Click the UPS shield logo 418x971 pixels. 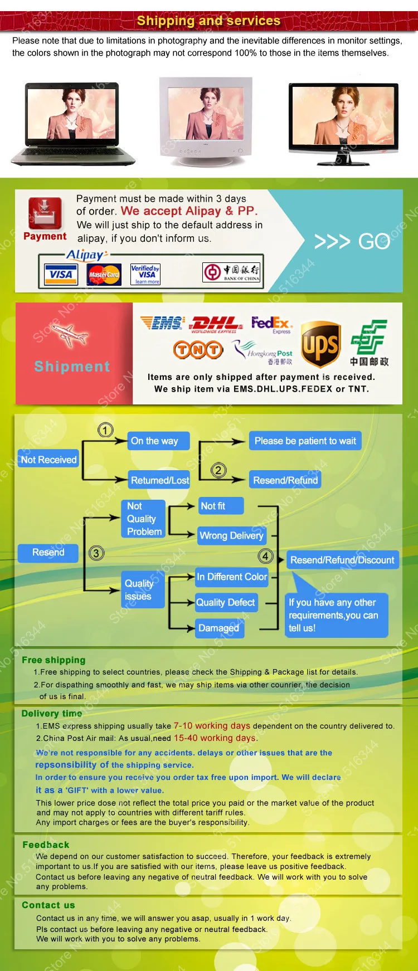point(320,344)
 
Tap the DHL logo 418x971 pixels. point(216,324)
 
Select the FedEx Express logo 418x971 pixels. point(271,324)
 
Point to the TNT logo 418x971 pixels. point(198,350)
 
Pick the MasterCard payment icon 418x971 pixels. point(104,274)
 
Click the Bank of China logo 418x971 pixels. point(232,272)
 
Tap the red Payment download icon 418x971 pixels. point(45,213)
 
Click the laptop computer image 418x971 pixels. point(73,124)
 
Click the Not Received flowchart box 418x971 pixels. point(48,460)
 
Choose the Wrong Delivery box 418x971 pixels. point(231,535)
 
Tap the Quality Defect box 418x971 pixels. point(226,602)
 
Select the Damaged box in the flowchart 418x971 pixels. point(218,628)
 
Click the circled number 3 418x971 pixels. point(96,553)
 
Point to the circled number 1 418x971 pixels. point(105,430)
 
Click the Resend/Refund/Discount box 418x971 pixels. point(342,560)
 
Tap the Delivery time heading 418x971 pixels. point(52,714)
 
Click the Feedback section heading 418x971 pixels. point(46,845)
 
